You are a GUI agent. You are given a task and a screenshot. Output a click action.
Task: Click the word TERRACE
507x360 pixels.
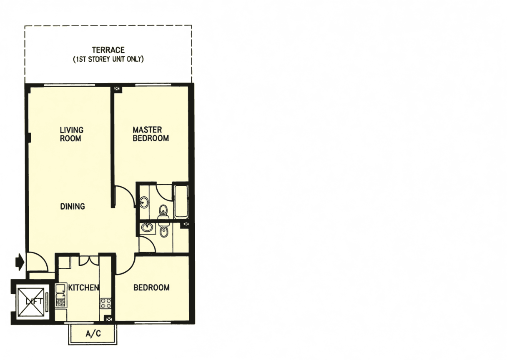(x=108, y=50)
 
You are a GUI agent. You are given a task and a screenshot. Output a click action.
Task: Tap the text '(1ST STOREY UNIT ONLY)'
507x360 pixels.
(x=108, y=59)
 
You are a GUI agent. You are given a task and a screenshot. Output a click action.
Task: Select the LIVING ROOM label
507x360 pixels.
(x=72, y=134)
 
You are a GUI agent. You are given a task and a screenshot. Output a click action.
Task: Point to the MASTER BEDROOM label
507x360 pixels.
(x=151, y=134)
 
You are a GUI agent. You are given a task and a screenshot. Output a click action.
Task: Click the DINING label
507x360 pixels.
(x=73, y=206)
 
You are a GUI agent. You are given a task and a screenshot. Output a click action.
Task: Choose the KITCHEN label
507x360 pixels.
(x=83, y=287)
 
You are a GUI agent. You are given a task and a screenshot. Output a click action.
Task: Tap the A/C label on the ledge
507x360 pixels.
(x=93, y=334)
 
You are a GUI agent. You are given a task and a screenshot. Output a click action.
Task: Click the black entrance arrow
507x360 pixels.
(x=20, y=262)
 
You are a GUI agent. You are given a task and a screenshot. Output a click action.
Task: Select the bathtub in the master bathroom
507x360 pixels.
(x=181, y=202)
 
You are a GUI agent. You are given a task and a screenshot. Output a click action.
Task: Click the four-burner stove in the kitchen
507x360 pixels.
(x=106, y=303)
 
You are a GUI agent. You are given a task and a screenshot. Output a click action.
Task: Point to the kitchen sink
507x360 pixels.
(x=60, y=295)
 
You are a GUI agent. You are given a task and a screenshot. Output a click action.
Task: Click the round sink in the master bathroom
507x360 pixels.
(x=144, y=202)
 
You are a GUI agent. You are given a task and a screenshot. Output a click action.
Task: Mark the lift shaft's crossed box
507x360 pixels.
(x=31, y=302)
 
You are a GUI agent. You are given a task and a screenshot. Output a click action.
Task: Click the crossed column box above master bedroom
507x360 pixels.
(x=117, y=89)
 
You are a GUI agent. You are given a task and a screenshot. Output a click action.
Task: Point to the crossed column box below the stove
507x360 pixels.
(x=109, y=319)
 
